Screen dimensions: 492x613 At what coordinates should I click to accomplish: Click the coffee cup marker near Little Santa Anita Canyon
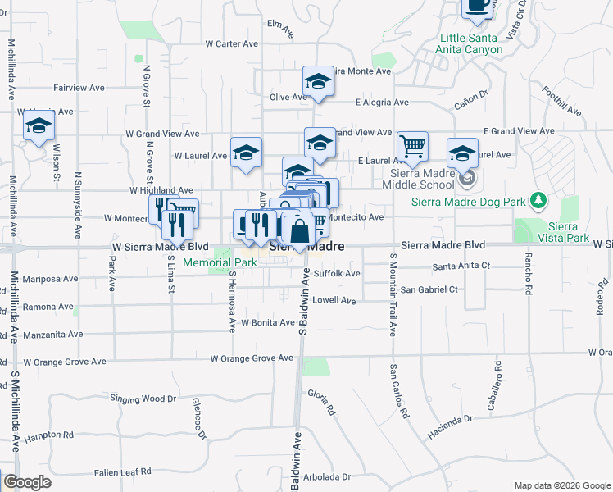pyautogui.click(x=478, y=7)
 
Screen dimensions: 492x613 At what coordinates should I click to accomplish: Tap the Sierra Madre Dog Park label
pyautogui.click(x=468, y=201)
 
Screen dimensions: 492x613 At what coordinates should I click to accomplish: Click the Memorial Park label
pyautogui.click(x=220, y=262)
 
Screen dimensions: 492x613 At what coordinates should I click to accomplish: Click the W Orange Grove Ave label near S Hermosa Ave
pyautogui.click(x=252, y=358)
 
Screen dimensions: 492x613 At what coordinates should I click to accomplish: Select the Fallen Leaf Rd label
pyautogui.click(x=122, y=471)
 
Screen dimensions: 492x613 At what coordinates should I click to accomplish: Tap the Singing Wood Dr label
pyautogui.click(x=143, y=399)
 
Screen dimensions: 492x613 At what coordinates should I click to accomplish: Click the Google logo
pyautogui.click(x=27, y=482)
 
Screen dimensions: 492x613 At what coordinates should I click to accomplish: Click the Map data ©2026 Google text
pyautogui.click(x=561, y=485)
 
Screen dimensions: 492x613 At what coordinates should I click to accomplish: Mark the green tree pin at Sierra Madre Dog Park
pyautogui.click(x=538, y=200)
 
